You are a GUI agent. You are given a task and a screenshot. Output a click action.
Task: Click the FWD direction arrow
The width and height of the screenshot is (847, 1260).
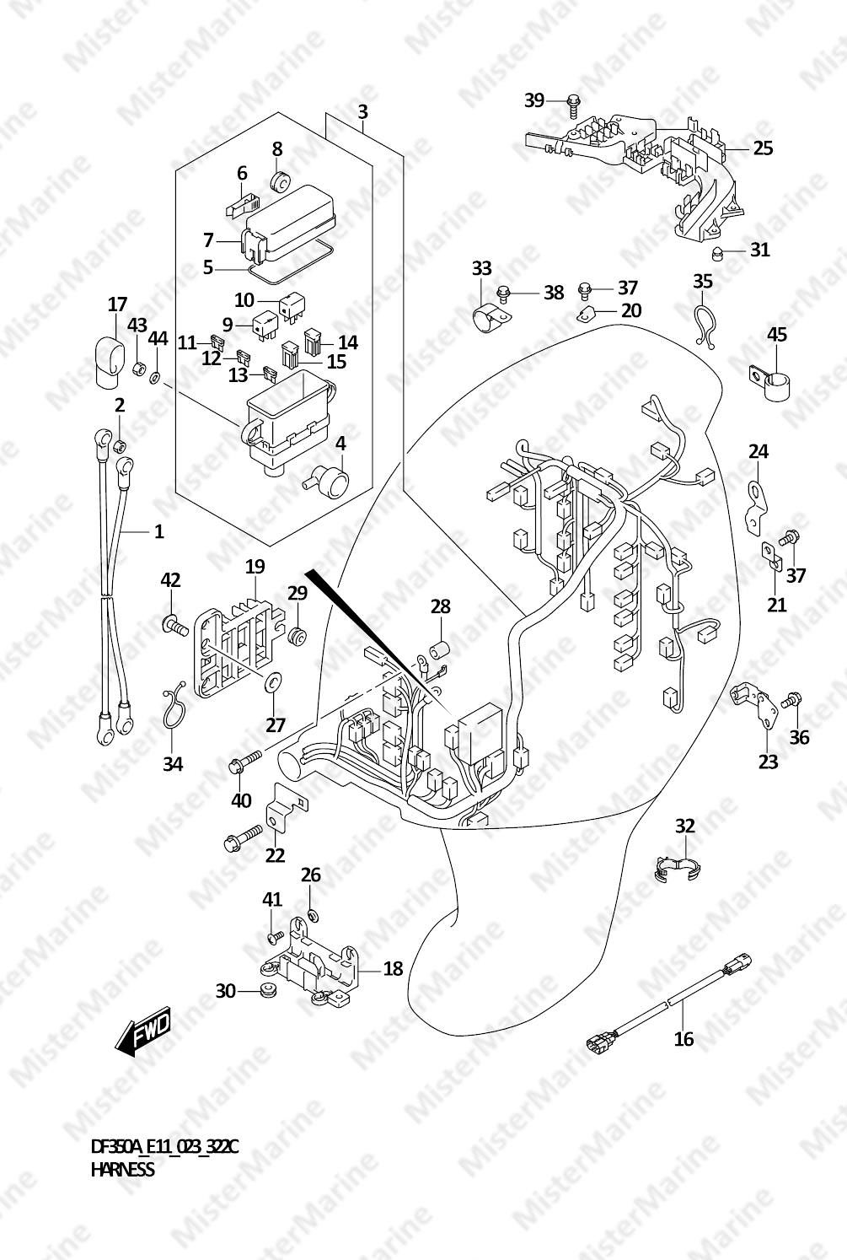(x=142, y=1029)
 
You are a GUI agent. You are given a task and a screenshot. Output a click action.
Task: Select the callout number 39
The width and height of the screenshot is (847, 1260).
(x=534, y=100)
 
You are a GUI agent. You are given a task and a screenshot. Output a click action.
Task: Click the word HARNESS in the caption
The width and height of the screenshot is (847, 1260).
(x=122, y=1170)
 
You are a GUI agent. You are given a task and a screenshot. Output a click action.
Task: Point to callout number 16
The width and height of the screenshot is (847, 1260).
(x=684, y=1038)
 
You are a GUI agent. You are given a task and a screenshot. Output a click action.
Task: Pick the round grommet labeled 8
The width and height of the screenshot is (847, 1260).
(x=279, y=181)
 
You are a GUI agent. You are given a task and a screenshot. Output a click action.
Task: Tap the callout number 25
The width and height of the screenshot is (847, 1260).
(x=763, y=148)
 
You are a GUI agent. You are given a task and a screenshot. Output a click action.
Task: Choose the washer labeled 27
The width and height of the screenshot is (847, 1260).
(x=274, y=682)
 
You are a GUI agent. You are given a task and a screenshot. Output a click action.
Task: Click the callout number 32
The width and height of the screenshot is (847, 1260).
(x=684, y=827)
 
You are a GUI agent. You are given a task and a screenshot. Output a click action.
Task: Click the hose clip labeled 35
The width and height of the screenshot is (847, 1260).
(x=702, y=326)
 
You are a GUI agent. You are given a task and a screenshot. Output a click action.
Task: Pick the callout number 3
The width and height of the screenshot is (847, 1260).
(x=363, y=112)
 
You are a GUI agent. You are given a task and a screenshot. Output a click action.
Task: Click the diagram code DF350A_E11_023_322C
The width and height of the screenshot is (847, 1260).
(x=164, y=1146)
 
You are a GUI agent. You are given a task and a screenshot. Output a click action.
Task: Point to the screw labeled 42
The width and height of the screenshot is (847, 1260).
(x=174, y=624)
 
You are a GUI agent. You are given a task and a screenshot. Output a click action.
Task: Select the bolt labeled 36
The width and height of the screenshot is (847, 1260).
(x=791, y=701)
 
